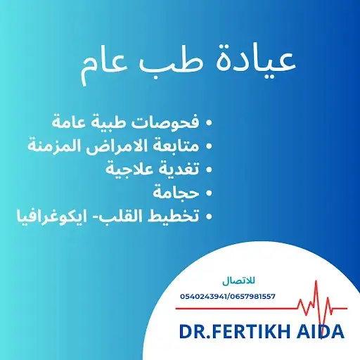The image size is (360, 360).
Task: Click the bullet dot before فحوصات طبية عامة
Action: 208,122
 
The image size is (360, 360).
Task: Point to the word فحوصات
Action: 165,122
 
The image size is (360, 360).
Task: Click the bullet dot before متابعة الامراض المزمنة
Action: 208,146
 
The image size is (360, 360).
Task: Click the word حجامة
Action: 176,193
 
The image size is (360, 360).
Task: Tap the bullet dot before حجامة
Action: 208,193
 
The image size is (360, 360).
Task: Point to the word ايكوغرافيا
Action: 49,216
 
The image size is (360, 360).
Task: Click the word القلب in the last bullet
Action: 112,216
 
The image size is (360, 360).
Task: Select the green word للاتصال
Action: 238,281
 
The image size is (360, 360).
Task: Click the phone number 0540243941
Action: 203,297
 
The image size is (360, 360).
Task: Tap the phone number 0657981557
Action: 252,297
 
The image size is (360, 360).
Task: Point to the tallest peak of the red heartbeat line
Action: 316,281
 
